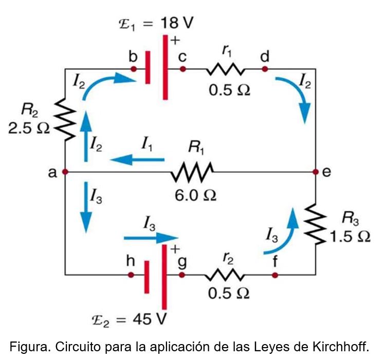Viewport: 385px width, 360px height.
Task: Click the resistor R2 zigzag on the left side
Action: pyautogui.click(x=65, y=119)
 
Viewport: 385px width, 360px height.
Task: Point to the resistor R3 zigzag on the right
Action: pyautogui.click(x=315, y=223)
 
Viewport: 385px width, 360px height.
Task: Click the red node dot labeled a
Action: pyautogui.click(x=65, y=172)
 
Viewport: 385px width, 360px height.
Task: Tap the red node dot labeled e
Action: pyautogui.click(x=315, y=172)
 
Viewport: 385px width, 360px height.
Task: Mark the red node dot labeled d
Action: pyautogui.click(x=265, y=69)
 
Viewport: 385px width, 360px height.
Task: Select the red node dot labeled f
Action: pyautogui.click(x=275, y=275)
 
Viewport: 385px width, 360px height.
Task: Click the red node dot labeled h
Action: pyautogui.click(x=131, y=275)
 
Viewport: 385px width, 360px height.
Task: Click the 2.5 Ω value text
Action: pyautogui.click(x=29, y=128)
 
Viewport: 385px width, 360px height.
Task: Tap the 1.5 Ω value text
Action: pyautogui.click(x=350, y=236)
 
